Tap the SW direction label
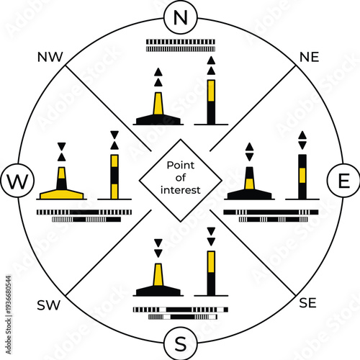point(48,305)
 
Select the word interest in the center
point(181,191)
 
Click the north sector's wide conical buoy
point(158,108)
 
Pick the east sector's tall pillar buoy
point(303,176)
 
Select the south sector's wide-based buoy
point(158,281)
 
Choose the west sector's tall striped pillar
point(114,176)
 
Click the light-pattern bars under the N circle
point(180,44)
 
